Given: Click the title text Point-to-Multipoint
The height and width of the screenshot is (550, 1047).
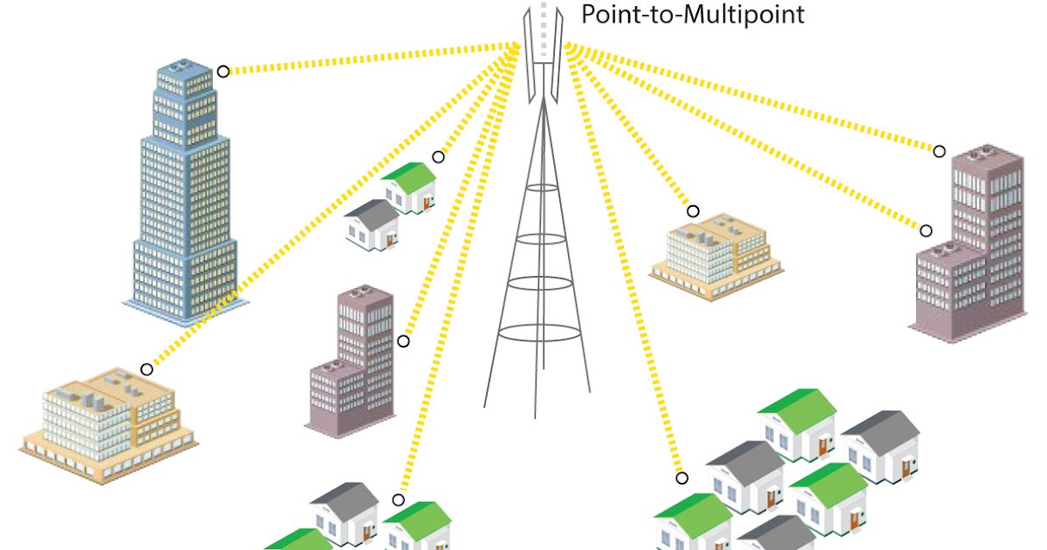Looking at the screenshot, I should (692, 15).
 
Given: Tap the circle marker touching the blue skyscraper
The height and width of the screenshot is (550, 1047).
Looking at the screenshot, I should (223, 72).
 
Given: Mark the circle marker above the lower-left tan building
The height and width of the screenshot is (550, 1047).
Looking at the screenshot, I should (147, 369).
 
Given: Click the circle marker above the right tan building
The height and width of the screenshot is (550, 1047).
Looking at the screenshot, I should (693, 211).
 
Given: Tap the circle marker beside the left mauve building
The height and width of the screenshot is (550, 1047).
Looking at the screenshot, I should (403, 341).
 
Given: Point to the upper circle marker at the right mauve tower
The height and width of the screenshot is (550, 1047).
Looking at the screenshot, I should (939, 151).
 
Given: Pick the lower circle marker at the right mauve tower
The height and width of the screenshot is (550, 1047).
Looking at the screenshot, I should (926, 230).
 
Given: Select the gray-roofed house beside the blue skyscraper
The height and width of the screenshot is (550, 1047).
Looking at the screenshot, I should (373, 225).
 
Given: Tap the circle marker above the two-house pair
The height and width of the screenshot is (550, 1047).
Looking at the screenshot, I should (439, 157).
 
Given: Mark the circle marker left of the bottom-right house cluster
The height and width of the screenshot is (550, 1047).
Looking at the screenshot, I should (681, 478).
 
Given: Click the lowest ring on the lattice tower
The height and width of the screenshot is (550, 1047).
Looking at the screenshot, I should (537, 333).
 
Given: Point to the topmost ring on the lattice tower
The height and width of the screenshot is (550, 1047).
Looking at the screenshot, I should (543, 188).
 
